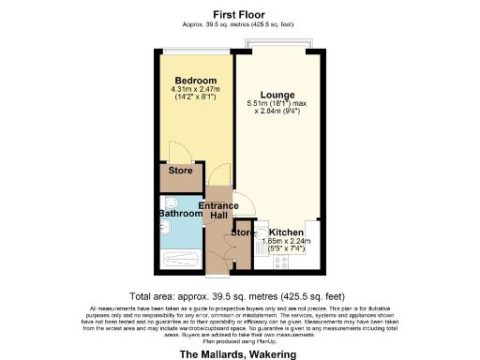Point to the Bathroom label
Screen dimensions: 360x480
pos(180,214)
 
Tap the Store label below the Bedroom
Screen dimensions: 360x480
pos(180,171)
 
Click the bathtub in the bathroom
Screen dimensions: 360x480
pos(182,262)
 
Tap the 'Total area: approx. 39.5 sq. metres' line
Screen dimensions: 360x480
pos(239,293)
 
